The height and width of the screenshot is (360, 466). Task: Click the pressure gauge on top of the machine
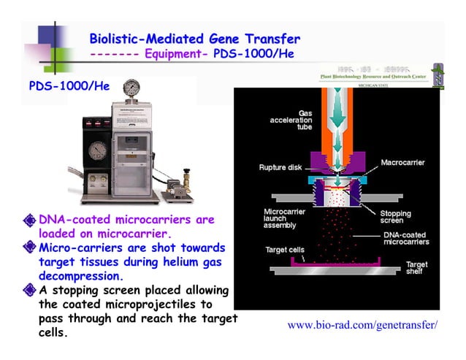(x=131, y=88)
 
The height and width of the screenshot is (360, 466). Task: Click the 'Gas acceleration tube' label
(x=292, y=120)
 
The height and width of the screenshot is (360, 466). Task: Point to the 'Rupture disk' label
(x=280, y=167)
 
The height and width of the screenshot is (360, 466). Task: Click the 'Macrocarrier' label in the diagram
(x=403, y=162)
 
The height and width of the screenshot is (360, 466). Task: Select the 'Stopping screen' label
(x=395, y=217)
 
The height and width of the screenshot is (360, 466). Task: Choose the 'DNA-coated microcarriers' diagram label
(x=406, y=238)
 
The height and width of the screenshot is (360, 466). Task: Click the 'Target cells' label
(x=284, y=249)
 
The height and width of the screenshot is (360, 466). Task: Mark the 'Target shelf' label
(x=417, y=268)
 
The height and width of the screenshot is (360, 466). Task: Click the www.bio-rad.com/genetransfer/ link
(x=363, y=325)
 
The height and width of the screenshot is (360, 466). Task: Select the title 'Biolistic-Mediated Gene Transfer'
(x=194, y=39)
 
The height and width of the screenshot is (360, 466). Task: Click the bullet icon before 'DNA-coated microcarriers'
(x=30, y=219)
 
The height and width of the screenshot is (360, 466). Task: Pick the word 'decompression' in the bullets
(x=80, y=277)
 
